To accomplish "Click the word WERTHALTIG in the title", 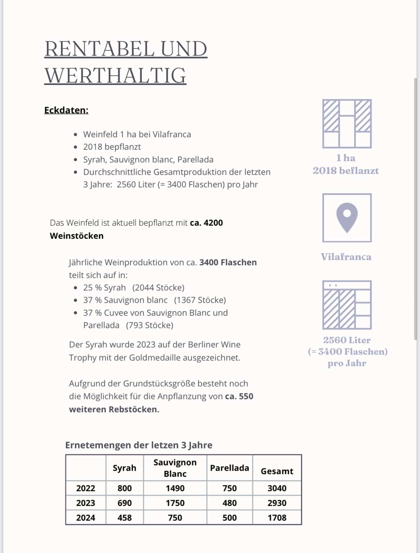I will coord(115,76).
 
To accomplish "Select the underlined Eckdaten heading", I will coord(66,110).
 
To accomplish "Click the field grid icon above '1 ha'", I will coord(347,123).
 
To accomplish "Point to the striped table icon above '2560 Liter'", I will coord(347,305).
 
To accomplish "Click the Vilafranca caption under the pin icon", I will coord(346,257).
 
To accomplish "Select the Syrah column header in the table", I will coord(124,468).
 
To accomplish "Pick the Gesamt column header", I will coord(277,471).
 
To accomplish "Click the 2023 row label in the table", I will coord(86,503).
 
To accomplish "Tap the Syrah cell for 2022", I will coord(124,488).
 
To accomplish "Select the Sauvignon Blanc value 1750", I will coord(175,503).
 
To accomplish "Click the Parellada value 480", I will coord(229,503).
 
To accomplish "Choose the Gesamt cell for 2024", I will coord(277,518).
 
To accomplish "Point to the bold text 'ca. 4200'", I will coord(206,223).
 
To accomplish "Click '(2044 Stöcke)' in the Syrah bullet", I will coord(158,287).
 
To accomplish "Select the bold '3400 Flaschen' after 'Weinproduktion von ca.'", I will coord(228,262).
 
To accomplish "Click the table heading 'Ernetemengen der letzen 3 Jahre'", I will coord(139,445).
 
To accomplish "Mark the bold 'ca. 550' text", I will coord(239,396).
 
